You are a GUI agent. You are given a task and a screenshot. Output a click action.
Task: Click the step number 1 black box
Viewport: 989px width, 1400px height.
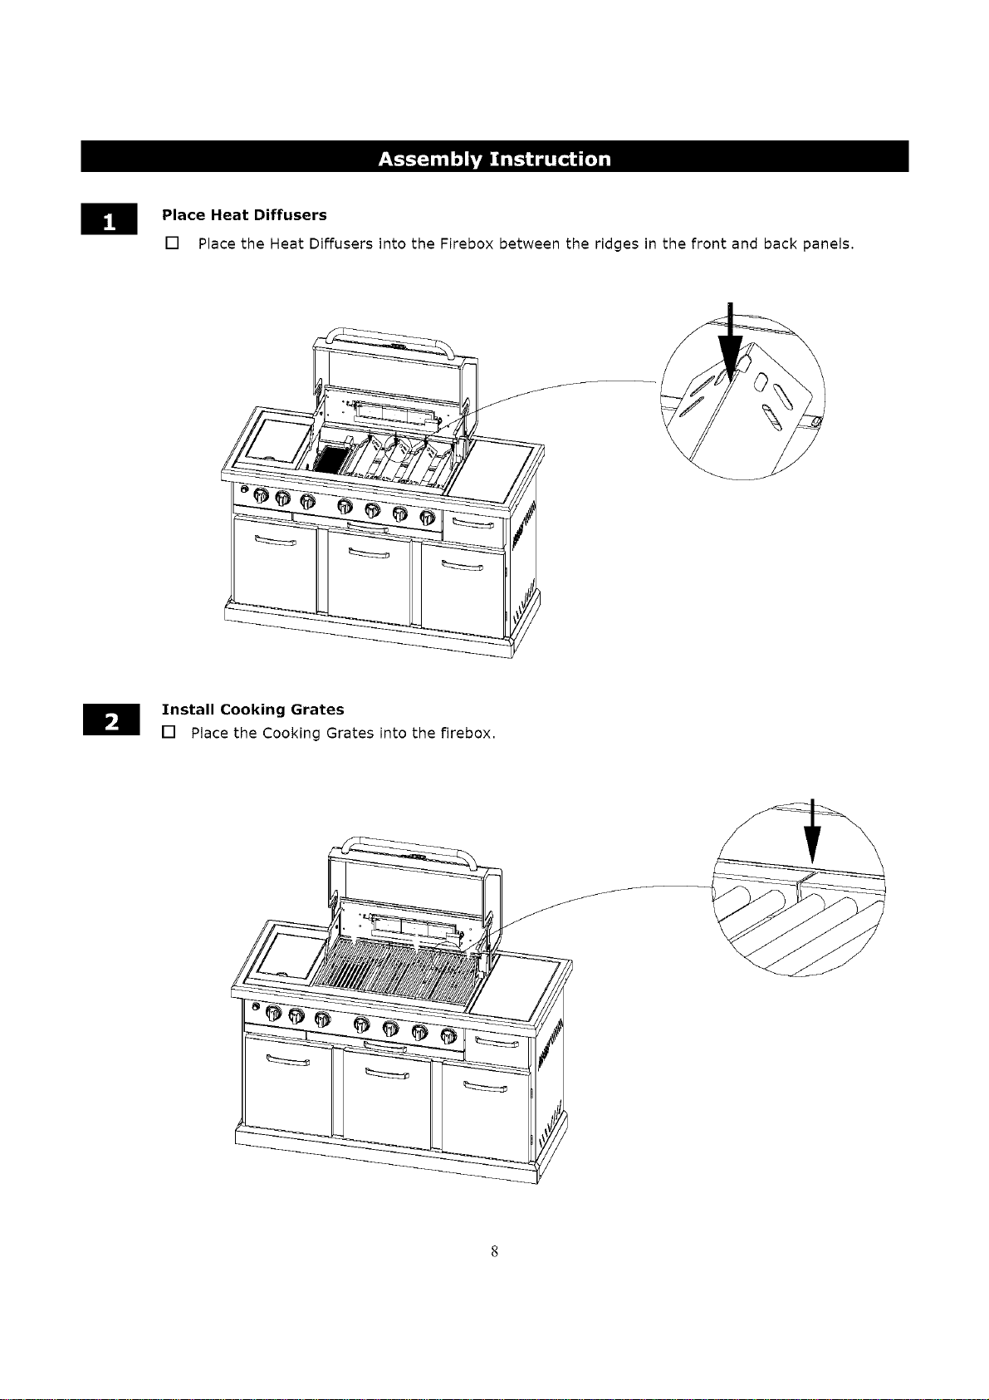click(x=109, y=219)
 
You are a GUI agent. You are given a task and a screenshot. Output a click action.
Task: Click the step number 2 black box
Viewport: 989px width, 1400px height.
click(x=111, y=720)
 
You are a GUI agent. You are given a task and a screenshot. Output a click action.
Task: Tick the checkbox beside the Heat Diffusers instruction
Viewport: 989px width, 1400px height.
click(x=172, y=243)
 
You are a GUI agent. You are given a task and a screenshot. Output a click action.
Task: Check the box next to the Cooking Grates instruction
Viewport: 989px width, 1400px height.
click(x=168, y=732)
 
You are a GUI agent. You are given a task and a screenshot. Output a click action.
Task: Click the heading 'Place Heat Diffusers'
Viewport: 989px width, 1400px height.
click(x=244, y=215)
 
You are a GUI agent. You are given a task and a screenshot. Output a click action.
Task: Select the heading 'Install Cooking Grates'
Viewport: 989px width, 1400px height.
click(x=253, y=710)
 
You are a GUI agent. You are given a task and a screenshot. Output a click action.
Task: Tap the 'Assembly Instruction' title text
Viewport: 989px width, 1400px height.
click(x=494, y=159)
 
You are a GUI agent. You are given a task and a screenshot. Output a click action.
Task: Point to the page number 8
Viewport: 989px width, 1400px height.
click(x=494, y=1250)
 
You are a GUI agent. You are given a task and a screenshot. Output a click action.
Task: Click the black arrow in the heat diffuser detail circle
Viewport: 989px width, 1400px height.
click(x=730, y=343)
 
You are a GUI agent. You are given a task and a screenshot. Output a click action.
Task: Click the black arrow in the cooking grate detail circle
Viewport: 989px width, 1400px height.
click(x=812, y=831)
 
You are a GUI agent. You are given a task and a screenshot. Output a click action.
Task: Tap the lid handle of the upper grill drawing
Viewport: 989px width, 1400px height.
click(x=390, y=336)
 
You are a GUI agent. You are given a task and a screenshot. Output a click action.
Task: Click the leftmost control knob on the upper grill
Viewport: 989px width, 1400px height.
click(x=261, y=496)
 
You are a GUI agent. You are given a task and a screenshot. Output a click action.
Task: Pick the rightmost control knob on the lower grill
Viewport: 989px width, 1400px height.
click(x=448, y=1036)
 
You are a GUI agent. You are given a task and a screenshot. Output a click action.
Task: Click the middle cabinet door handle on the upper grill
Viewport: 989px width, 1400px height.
click(x=369, y=553)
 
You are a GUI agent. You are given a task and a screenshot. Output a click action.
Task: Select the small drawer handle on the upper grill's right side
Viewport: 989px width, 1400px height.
click(x=473, y=523)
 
